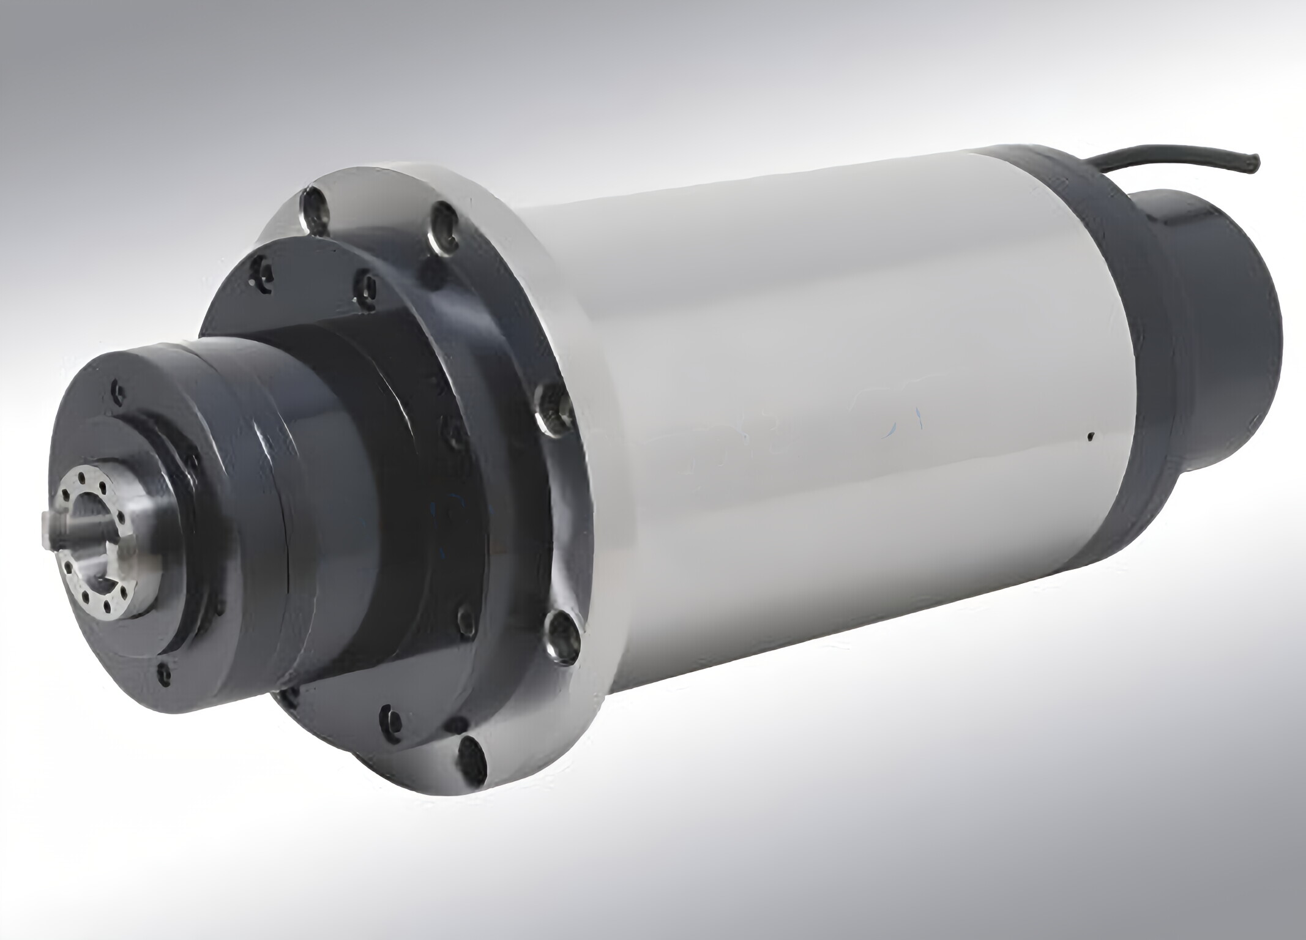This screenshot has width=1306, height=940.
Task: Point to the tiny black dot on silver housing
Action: [x=1090, y=437]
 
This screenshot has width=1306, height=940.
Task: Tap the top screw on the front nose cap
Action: [x=116, y=390]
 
